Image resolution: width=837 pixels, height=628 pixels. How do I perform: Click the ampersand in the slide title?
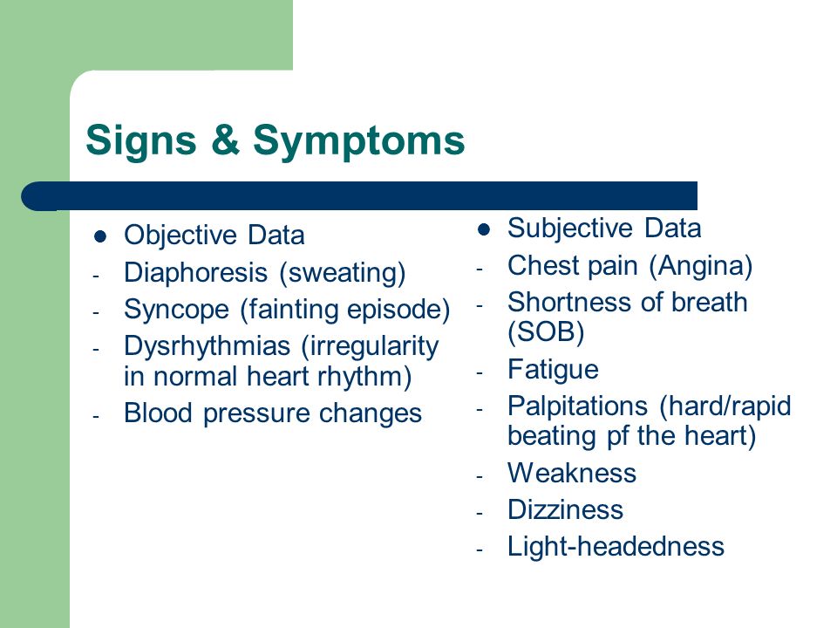(225, 140)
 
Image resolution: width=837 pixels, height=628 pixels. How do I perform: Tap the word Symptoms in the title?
(358, 141)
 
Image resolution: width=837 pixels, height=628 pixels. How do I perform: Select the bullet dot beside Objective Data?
(99, 236)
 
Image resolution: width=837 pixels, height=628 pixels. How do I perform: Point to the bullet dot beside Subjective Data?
(484, 229)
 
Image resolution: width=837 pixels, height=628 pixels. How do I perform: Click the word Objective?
(180, 235)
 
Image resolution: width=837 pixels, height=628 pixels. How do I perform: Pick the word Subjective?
(570, 229)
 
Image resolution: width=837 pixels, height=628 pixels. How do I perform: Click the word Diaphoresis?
(195, 273)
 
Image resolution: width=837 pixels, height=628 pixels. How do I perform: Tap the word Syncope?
(176, 310)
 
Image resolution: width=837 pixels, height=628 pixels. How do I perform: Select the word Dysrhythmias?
(207, 346)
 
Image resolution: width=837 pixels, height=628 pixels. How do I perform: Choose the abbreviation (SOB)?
(546, 332)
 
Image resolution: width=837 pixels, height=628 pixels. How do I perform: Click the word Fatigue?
(553, 370)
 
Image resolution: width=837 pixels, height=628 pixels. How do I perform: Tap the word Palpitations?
(577, 406)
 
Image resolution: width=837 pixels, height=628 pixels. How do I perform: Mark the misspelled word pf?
(616, 437)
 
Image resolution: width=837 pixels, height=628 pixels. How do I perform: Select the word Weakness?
(572, 473)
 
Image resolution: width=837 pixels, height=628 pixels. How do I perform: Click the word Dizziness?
(565, 510)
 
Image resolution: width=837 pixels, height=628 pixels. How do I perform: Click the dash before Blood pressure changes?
(96, 415)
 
